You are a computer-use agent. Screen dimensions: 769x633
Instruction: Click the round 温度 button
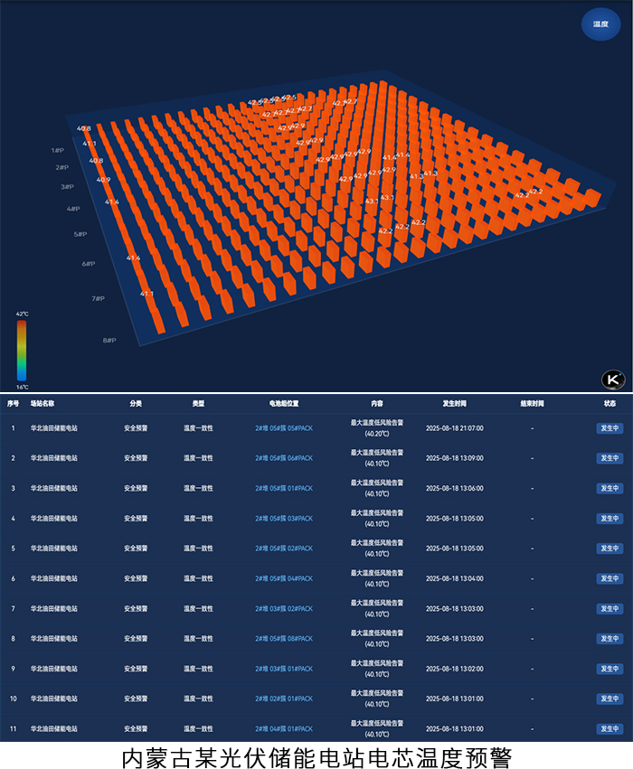[600, 24]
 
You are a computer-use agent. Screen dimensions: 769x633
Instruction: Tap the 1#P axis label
[58, 150]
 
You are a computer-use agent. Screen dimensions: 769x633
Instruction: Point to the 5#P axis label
[80, 234]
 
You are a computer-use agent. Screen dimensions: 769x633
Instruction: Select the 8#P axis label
[109, 340]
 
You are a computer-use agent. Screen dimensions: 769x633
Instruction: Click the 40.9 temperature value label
[103, 180]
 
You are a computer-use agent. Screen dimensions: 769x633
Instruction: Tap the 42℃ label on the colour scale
[22, 314]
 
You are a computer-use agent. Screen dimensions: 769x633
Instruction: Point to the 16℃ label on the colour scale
[22, 387]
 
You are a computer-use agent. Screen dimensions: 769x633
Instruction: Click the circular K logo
[614, 380]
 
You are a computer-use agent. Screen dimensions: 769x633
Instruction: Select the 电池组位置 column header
[284, 403]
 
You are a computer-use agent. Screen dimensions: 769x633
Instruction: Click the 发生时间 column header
[454, 403]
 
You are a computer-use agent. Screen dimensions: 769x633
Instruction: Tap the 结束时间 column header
[532, 403]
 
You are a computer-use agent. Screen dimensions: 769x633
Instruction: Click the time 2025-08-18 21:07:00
[454, 428]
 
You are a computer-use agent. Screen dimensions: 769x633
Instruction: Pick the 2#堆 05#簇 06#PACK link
[284, 458]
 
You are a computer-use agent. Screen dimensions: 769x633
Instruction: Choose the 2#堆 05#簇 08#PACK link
[284, 639]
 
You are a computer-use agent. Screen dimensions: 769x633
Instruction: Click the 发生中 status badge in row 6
[609, 578]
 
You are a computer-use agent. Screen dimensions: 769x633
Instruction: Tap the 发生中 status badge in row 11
[609, 728]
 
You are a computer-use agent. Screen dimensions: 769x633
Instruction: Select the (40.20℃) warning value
[377, 434]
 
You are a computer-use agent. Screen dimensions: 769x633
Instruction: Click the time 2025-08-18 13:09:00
[454, 458]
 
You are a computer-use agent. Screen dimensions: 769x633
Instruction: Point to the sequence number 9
[13, 669]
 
